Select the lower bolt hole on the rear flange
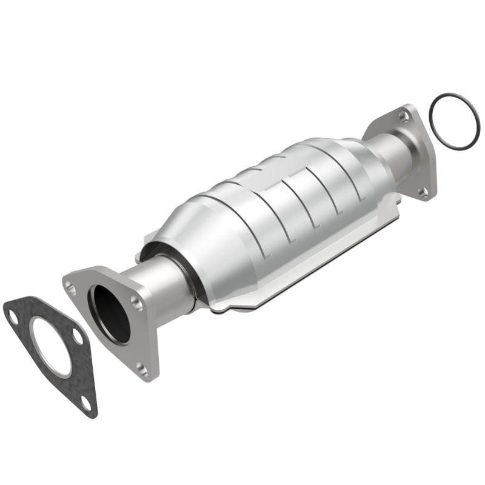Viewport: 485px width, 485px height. point(423,192)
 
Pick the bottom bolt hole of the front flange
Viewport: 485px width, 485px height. point(141,367)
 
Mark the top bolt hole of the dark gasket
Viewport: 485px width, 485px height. point(12,315)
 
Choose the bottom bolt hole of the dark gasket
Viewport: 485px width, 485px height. point(86,401)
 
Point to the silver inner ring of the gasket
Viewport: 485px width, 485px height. point(36,330)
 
